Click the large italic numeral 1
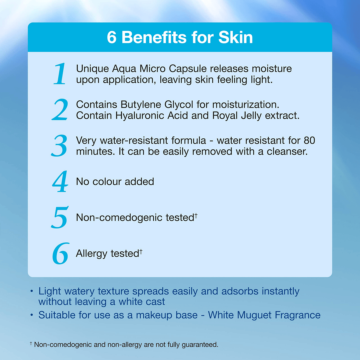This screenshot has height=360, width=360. pyautogui.click(x=60, y=74)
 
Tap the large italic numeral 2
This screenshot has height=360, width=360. pyautogui.click(x=60, y=110)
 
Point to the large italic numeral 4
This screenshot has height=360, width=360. pyautogui.click(x=60, y=182)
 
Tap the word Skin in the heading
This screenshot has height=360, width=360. pyautogui.click(x=235, y=38)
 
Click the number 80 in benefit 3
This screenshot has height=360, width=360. pyautogui.click(x=309, y=140)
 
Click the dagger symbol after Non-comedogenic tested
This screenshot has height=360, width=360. pyautogui.click(x=196, y=216)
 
